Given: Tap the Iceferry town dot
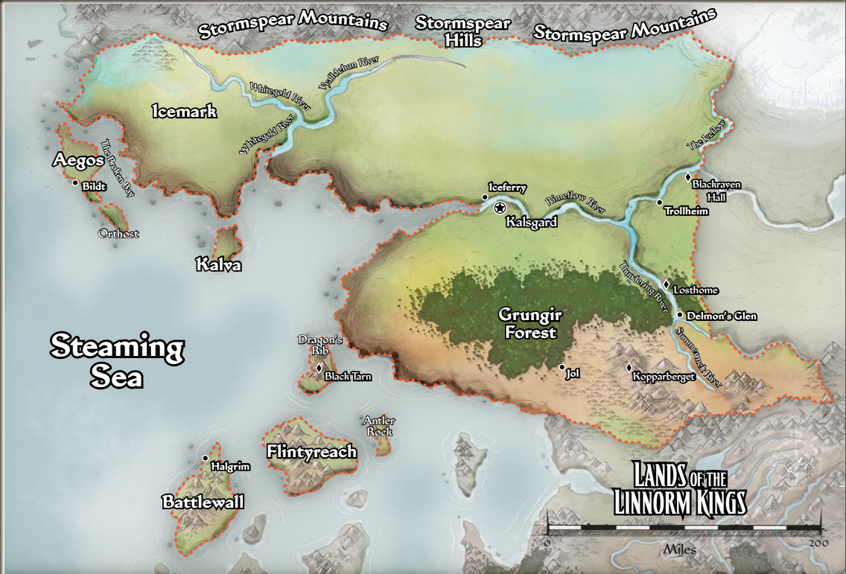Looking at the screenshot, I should point(485,197).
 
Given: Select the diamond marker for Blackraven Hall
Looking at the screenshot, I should point(689,177).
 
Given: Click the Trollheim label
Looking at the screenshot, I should point(686,211).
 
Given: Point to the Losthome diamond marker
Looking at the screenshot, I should point(667,284).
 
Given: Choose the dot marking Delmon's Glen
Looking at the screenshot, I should point(680,315).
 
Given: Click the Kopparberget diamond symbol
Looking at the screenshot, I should point(629,368).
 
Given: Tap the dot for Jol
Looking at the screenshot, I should point(562,367).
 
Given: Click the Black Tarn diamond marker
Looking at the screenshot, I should point(319,368).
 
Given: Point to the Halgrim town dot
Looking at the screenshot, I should point(205,458).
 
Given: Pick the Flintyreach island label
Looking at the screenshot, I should point(311,452).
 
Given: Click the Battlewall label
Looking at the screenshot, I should point(203,503).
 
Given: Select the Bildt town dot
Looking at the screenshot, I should point(75,182).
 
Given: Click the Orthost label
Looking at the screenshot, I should point(118,234).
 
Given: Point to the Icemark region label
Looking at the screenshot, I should point(184,112).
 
